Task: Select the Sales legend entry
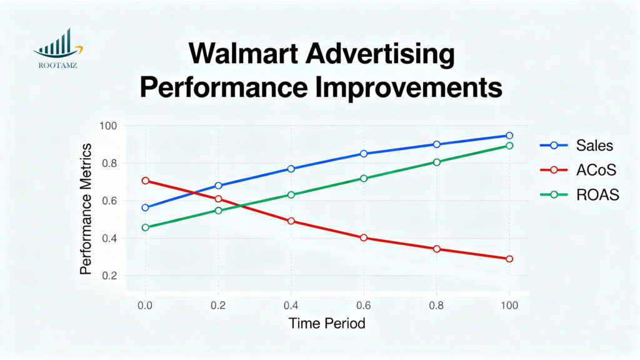594,146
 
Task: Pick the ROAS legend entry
597,195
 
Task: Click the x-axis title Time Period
327,324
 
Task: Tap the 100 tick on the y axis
108,126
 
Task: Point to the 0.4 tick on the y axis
109,238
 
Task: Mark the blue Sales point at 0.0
146,207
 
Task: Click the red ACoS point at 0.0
146,181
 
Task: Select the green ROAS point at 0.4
291,194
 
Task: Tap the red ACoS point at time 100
509,259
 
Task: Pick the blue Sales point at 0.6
364,154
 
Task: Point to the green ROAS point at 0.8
437,162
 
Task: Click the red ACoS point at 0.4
291,221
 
